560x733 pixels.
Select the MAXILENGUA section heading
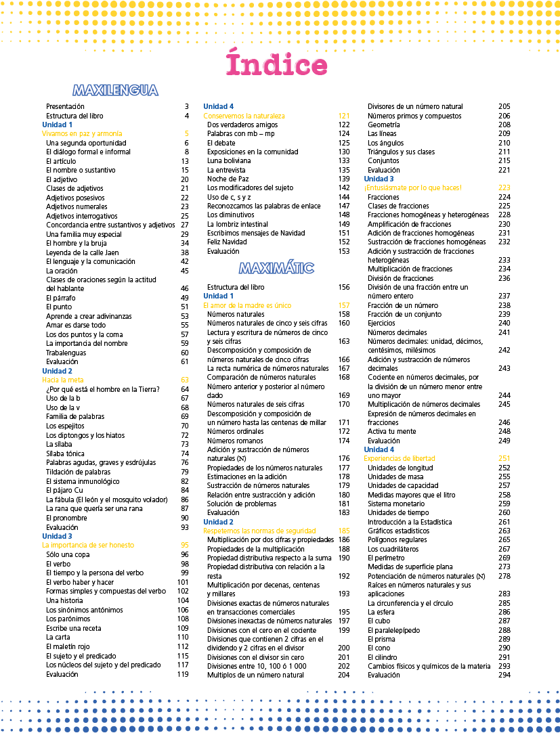(x=115, y=90)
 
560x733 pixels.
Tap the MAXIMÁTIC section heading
(x=276, y=268)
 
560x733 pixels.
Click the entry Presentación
(x=65, y=107)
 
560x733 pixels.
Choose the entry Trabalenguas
(x=66, y=353)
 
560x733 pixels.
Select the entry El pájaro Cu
(x=65, y=490)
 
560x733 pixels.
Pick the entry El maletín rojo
(x=68, y=646)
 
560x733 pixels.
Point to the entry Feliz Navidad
(x=227, y=242)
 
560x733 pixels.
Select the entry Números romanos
(x=235, y=441)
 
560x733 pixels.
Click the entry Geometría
(x=383, y=125)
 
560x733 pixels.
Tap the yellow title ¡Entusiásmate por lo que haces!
(x=412, y=187)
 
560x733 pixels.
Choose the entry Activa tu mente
(x=391, y=431)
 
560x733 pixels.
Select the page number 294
(x=504, y=675)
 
